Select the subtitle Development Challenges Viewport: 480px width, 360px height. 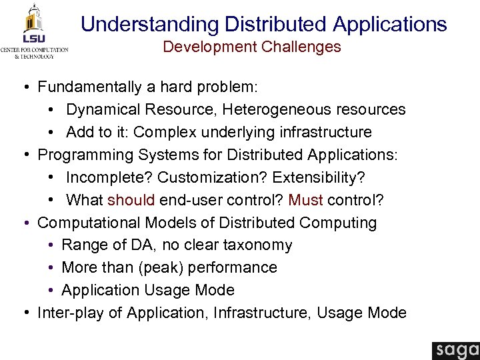(252, 47)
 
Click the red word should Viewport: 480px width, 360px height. (131, 201)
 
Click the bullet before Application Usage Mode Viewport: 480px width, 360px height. (52, 291)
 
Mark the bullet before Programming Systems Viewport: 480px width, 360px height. (24, 155)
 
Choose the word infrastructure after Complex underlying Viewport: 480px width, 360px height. (326, 132)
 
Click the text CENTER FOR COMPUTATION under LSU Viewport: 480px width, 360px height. (34, 50)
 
